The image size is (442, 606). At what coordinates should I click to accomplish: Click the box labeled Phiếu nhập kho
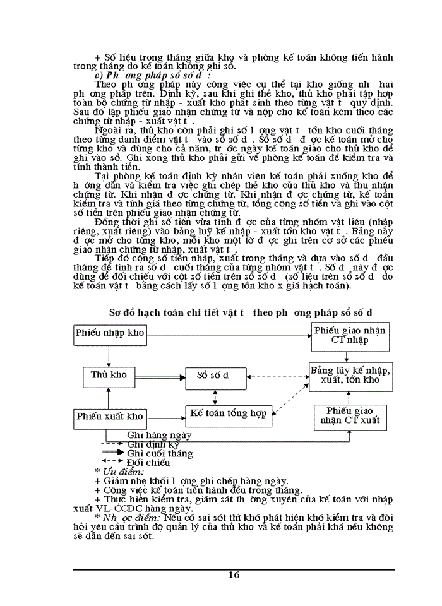point(110,333)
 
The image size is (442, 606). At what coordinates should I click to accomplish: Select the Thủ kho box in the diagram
point(109,376)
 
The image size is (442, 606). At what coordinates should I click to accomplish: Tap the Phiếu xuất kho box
point(110,417)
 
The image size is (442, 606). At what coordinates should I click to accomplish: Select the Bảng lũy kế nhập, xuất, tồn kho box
point(350,374)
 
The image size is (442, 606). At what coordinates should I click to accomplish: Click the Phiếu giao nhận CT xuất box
point(350,417)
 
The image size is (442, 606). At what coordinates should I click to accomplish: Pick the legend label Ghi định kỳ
point(153,444)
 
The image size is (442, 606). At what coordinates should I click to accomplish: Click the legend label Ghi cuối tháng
point(160,453)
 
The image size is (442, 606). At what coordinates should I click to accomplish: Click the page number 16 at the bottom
point(234,575)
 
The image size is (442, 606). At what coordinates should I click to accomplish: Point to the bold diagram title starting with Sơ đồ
point(241,312)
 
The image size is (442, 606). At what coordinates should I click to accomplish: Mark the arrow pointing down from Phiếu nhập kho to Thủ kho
point(109,354)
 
